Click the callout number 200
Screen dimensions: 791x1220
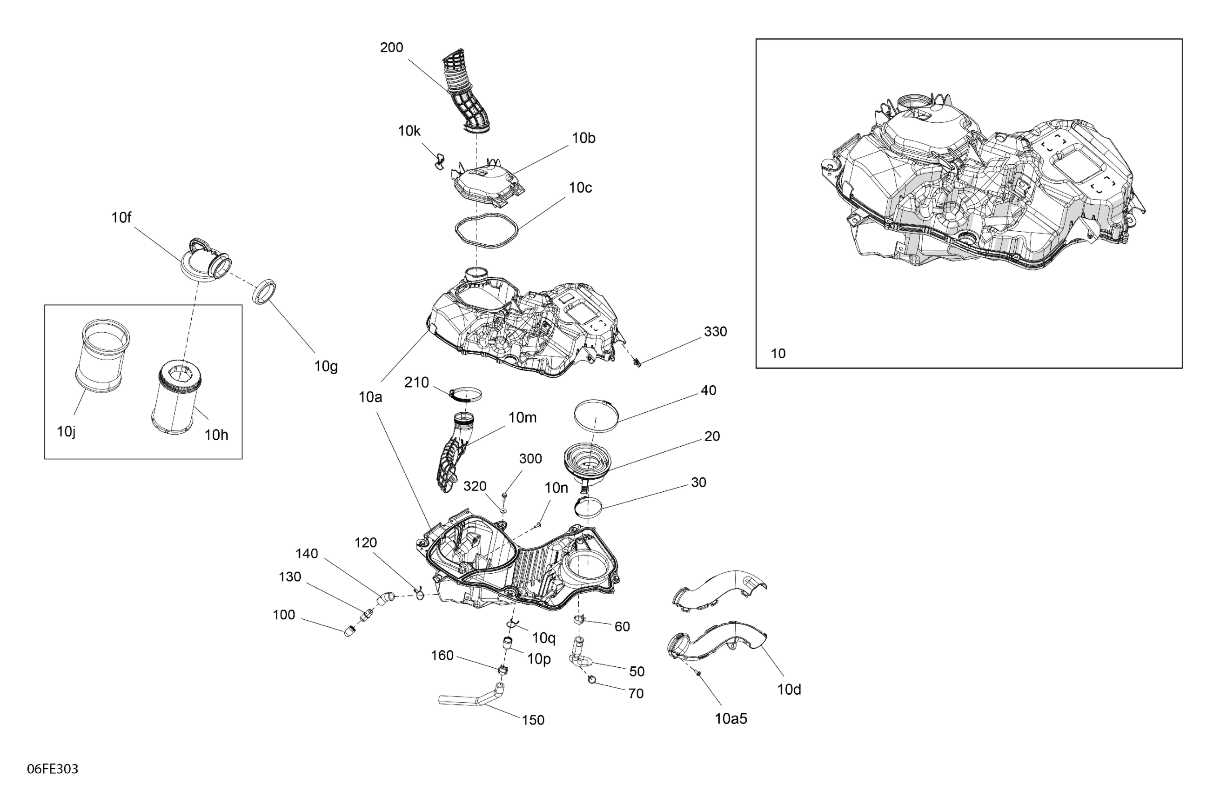point(391,47)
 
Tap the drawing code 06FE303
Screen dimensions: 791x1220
point(52,769)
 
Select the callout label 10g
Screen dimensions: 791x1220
point(326,367)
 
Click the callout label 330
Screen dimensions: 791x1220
point(715,332)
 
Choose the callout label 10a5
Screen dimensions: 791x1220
point(731,719)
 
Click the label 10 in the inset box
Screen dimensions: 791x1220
point(778,353)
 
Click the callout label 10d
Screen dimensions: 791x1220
point(789,690)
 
